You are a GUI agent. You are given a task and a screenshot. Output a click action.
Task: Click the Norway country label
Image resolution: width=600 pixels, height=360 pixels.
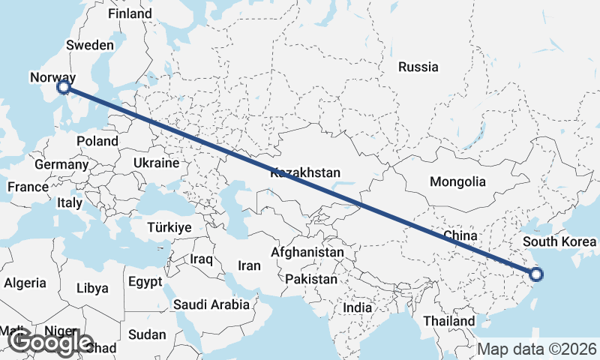click(52, 77)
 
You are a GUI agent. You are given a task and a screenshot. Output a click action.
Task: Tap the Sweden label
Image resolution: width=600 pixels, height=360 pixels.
click(89, 45)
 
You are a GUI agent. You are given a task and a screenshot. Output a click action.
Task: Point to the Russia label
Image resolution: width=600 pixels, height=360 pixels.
click(418, 67)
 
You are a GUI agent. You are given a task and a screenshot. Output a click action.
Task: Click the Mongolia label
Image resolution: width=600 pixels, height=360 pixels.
click(457, 181)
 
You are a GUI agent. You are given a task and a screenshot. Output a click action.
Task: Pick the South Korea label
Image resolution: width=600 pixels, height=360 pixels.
click(560, 241)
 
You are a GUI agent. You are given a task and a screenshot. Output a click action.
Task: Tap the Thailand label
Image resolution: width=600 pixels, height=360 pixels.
click(449, 321)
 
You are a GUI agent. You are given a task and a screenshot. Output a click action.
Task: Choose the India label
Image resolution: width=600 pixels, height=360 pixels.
click(357, 307)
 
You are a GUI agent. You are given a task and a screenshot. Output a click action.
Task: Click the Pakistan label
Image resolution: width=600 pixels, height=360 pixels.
click(311, 279)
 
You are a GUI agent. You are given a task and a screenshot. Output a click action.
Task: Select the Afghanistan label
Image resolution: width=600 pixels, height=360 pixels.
click(307, 253)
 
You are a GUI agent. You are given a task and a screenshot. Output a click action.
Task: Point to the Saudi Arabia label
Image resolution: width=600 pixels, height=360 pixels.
click(211, 304)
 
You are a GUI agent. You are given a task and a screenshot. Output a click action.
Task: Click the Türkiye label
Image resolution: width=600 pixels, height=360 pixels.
click(169, 227)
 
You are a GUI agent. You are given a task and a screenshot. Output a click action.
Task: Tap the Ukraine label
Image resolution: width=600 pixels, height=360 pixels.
click(156, 163)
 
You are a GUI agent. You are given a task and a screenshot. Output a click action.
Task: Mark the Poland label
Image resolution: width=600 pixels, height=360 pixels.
click(97, 141)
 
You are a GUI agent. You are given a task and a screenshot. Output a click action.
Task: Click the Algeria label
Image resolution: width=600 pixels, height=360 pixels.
click(25, 283)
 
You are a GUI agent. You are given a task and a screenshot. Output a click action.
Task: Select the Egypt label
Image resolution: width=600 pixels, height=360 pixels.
click(145, 283)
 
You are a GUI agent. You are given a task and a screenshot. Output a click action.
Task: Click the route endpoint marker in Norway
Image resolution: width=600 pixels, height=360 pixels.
click(64, 87)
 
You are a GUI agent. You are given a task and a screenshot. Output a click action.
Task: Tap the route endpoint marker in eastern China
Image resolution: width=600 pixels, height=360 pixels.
click(536, 274)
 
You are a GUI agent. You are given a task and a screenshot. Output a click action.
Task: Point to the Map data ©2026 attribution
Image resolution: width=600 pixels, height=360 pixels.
click(538, 349)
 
